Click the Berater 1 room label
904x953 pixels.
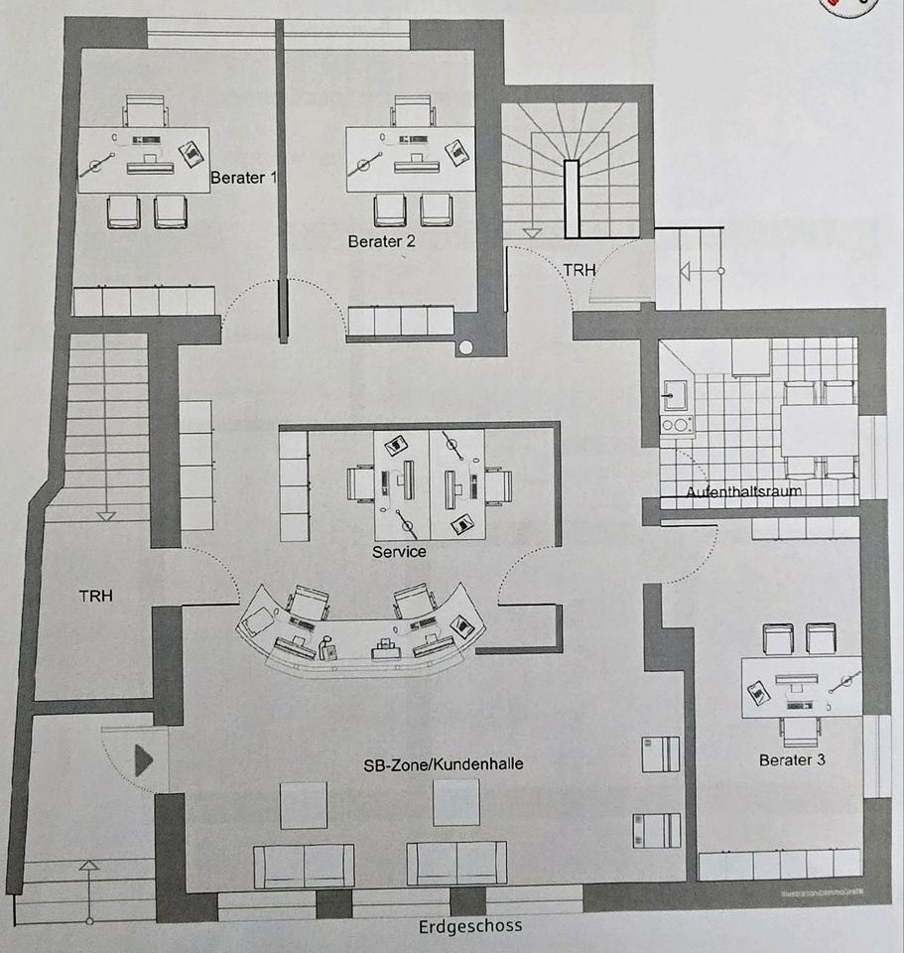click(243, 179)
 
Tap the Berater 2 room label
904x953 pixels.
click(381, 241)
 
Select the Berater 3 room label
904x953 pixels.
click(792, 760)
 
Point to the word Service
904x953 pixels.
click(399, 551)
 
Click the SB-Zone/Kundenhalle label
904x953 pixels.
click(444, 765)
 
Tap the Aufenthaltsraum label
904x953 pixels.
click(743, 490)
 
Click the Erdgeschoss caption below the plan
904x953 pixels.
click(470, 925)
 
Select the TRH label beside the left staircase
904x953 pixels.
click(95, 596)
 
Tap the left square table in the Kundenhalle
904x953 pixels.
click(303, 804)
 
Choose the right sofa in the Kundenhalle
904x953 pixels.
click(456, 865)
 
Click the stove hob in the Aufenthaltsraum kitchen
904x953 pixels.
click(677, 424)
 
